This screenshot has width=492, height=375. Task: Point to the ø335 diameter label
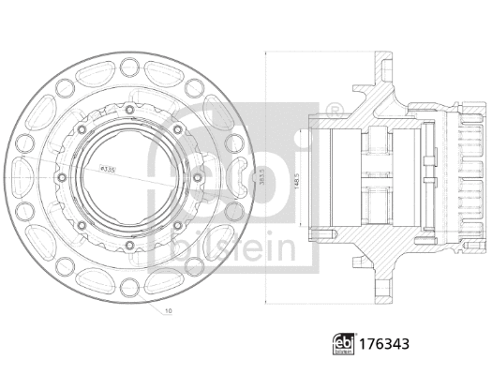click(x=109, y=169)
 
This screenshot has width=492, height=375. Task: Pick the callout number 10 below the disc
click(x=166, y=308)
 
